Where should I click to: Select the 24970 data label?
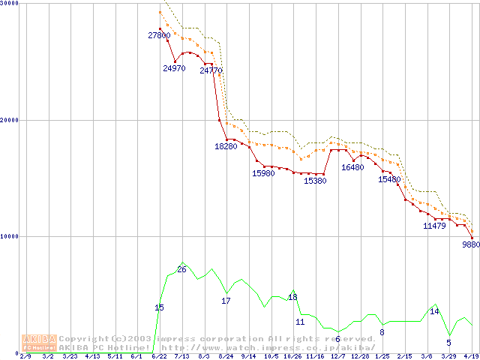[174, 69]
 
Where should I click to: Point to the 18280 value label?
[226, 146]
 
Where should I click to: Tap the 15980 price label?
[263, 173]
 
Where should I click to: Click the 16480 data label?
[352, 167]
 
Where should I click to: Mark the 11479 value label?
[434, 225]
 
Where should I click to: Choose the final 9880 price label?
[470, 244]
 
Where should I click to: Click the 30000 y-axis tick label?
[10, 4]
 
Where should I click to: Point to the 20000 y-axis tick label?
[10, 120]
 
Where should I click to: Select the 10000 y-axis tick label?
[10, 236]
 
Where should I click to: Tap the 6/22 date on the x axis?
[159, 356]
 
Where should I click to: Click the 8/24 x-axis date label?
[226, 356]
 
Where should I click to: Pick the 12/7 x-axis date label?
[337, 356]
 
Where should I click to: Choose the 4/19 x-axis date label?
[471, 356]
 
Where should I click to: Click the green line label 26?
[181, 269]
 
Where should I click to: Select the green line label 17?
[226, 301]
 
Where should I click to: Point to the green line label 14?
[434, 311]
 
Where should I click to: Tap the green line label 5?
[448, 343]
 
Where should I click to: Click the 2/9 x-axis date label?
[25, 356]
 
